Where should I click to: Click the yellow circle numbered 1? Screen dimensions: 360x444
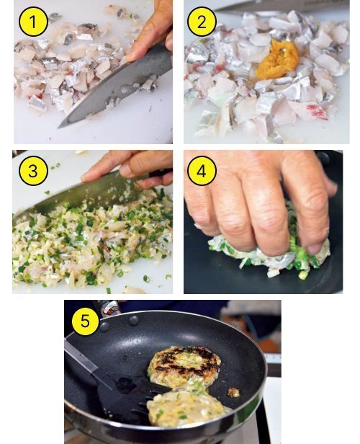tap(33, 22)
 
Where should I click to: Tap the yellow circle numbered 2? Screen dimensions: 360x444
tap(202, 22)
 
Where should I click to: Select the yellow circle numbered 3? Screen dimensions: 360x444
tap(33, 172)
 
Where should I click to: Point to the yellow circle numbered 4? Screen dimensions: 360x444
tap(202, 172)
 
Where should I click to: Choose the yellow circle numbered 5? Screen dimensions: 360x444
tap(85, 321)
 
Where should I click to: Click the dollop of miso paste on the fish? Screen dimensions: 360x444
tap(277, 58)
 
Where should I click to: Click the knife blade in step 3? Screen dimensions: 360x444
tap(85, 195)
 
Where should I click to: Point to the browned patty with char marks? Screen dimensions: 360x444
tap(184, 366)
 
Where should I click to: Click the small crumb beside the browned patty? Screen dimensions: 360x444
tap(233, 392)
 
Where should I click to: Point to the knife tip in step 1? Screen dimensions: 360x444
tap(59, 127)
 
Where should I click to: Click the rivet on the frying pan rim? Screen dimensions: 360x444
tap(133, 321)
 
